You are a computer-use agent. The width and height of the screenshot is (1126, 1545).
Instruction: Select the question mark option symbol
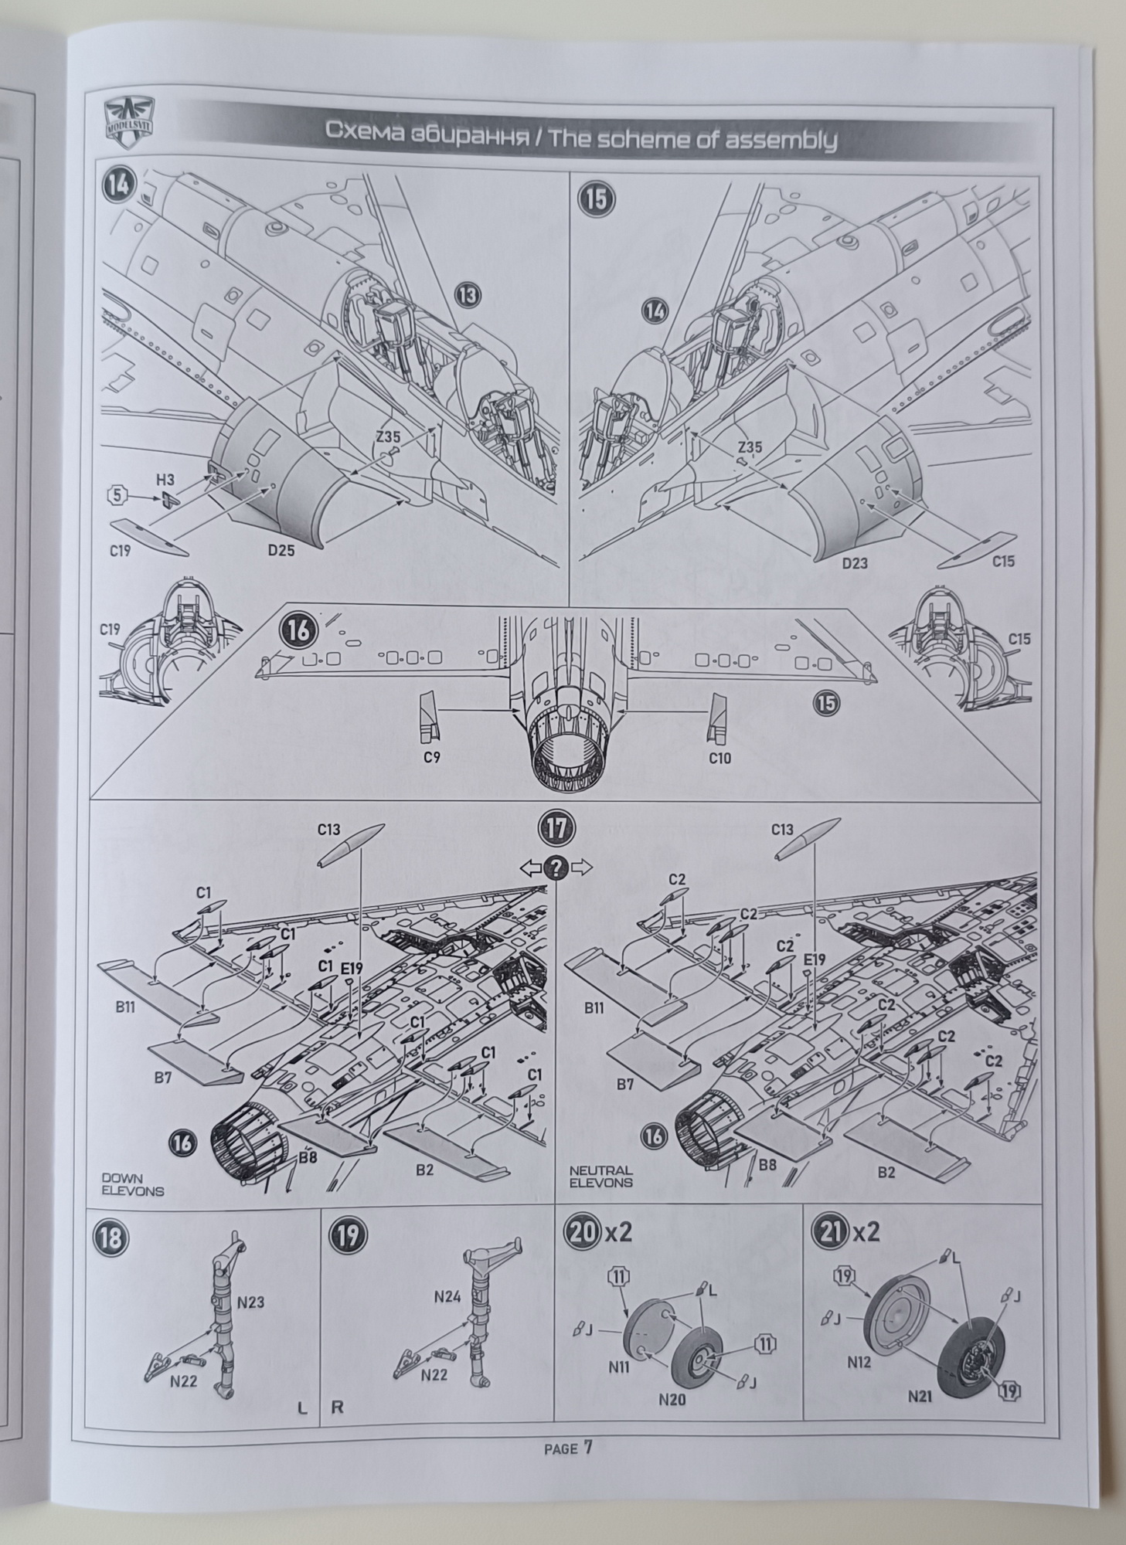tap(556, 868)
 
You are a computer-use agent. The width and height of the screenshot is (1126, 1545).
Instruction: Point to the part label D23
tap(855, 563)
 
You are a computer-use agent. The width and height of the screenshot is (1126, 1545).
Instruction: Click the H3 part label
tap(165, 480)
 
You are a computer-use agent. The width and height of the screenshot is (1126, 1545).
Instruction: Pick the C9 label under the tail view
tap(432, 758)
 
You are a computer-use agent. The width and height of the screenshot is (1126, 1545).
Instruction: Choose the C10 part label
tap(719, 758)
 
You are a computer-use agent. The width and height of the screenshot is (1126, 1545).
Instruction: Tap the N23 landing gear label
tap(250, 1302)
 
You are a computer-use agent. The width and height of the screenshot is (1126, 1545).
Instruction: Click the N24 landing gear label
tap(447, 1297)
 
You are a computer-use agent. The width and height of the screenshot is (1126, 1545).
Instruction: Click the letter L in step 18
tap(302, 1408)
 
